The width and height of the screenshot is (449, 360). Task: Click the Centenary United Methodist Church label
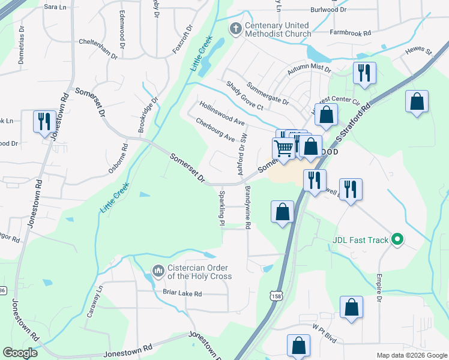coord(277,29)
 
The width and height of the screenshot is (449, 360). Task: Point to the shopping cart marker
coord(284,148)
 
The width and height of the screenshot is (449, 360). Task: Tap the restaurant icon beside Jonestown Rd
coord(44,122)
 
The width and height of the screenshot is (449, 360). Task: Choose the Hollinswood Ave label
coord(222,113)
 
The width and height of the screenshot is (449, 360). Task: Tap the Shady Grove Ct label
coord(244,96)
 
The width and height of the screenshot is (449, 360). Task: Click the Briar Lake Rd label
coord(182,293)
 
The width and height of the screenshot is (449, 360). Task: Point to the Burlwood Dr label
coord(329,10)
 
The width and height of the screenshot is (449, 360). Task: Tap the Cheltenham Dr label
coord(98,47)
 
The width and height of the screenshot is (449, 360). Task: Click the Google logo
coord(20,353)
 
